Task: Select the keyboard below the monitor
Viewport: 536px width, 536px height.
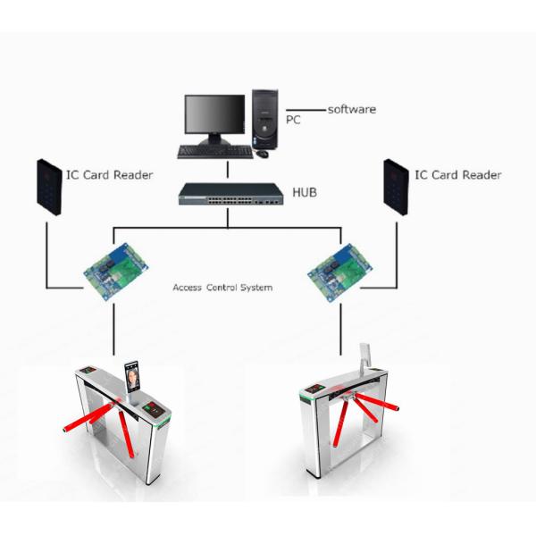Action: point(214,152)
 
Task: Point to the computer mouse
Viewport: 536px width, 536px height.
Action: point(262,153)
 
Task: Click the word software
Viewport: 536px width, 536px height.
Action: point(351,109)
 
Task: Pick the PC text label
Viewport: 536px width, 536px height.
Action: point(292,118)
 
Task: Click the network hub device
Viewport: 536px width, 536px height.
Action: point(227,194)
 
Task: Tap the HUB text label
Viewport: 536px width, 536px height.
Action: point(306,192)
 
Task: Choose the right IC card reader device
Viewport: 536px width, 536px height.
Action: point(397,185)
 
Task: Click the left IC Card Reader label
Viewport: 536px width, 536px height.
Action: point(108,174)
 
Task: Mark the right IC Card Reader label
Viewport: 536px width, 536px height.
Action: point(457,174)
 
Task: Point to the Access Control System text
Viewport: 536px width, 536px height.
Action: point(222,289)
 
